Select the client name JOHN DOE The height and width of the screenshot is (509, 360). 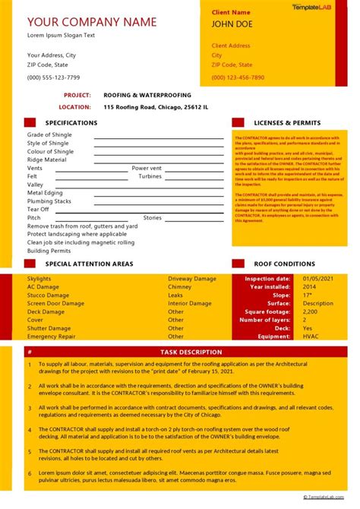232,24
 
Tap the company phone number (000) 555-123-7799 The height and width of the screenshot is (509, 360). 53,77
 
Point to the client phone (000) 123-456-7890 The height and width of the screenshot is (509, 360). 238,77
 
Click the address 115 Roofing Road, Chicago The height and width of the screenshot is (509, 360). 156,107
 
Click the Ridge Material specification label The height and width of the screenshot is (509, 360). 47,160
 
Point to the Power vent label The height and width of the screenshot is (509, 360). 147,168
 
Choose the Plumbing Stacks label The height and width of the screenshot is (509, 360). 49,201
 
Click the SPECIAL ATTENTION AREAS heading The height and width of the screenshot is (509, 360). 89,264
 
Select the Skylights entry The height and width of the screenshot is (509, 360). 40,279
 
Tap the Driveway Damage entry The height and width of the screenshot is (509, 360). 191,279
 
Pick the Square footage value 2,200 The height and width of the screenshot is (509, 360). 310,311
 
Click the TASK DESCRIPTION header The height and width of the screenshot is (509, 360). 191,352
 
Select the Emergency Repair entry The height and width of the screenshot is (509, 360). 52,336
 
